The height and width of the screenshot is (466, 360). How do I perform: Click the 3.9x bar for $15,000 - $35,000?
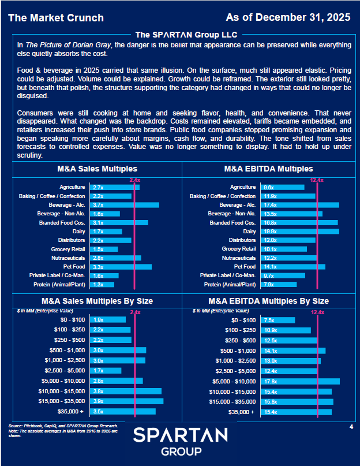point(127,401)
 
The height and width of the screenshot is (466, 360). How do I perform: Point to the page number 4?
point(351,427)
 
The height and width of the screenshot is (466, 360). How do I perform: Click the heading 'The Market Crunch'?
point(56,18)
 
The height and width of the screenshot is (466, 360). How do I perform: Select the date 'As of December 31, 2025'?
point(288,17)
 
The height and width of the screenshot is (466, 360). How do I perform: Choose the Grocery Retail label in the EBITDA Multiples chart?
point(239,249)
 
